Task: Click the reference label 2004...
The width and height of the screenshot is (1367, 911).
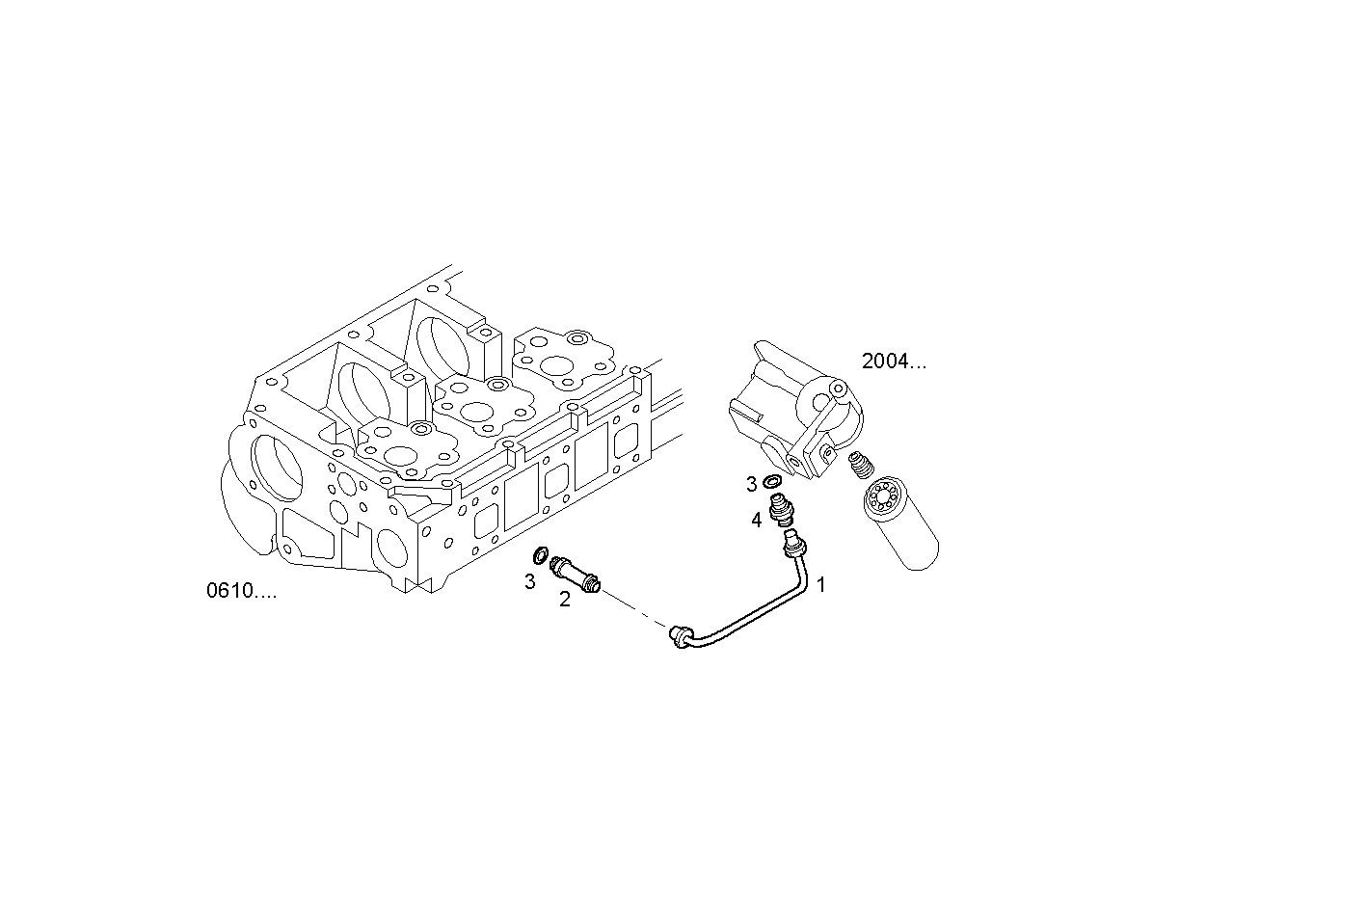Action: (x=894, y=362)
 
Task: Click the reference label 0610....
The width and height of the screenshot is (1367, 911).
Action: (x=241, y=590)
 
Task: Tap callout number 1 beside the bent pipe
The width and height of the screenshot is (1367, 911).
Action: (x=821, y=584)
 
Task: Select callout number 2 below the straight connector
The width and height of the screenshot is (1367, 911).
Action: (x=565, y=600)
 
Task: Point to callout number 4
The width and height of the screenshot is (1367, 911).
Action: (x=757, y=521)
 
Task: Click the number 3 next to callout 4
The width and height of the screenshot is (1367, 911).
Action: (x=751, y=483)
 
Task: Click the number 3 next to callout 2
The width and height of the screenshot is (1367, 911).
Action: (x=529, y=581)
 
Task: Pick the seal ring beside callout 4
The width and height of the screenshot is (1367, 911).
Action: (x=773, y=481)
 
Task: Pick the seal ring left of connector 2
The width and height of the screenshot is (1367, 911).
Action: (x=543, y=555)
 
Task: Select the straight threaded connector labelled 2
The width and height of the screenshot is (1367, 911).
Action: (x=576, y=575)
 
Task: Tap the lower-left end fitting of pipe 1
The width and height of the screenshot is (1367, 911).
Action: (x=679, y=634)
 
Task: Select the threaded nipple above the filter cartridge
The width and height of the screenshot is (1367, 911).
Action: (x=861, y=467)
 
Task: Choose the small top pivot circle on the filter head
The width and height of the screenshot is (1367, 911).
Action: (x=837, y=390)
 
